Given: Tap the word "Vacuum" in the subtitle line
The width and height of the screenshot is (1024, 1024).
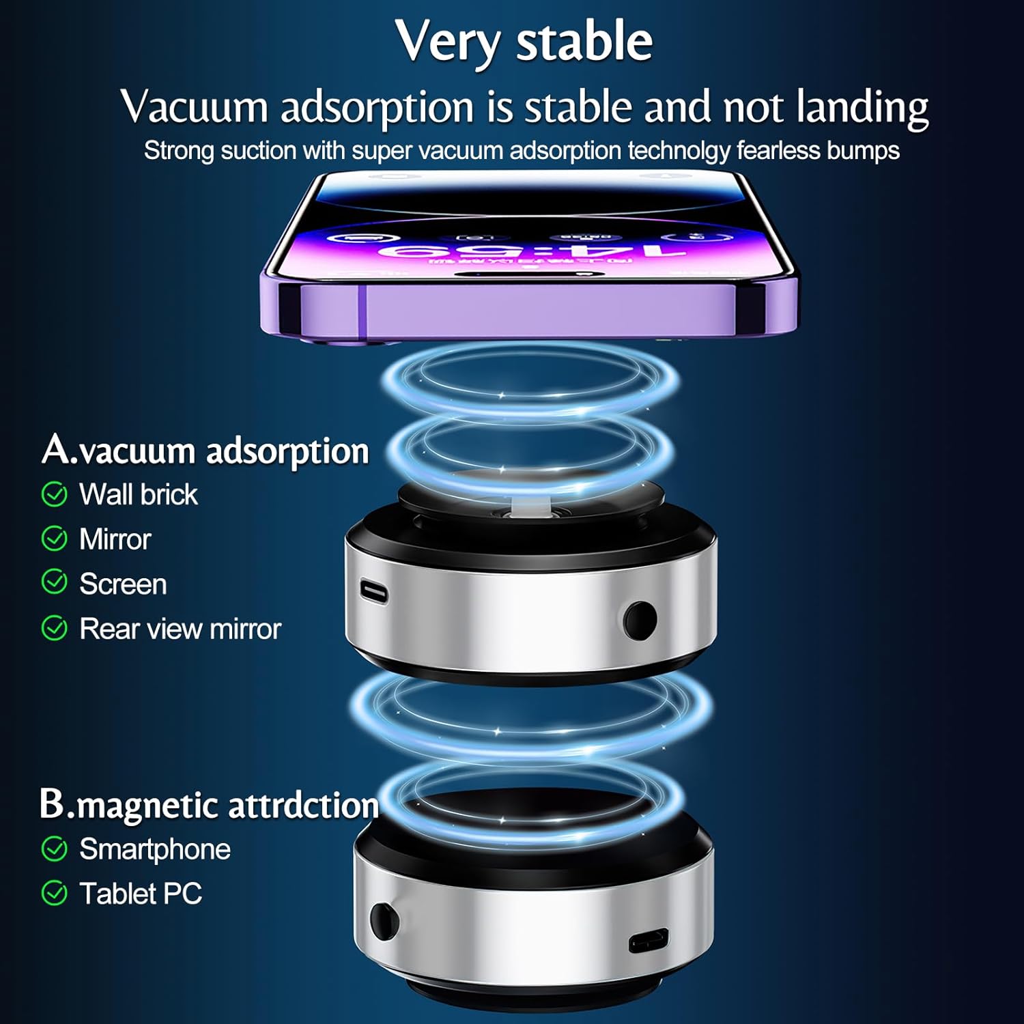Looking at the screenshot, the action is point(194,108).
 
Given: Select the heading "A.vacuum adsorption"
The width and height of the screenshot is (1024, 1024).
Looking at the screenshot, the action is point(205,451).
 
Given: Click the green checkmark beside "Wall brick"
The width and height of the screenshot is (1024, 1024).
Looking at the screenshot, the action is point(55,494).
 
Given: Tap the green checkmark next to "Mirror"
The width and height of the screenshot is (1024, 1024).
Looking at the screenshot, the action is point(55,539).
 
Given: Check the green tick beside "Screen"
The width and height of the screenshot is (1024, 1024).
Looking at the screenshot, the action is point(55,583).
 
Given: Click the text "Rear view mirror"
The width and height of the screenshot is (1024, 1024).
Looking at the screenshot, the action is point(180,629).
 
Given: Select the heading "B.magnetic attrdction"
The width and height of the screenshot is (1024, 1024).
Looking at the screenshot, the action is point(209,805).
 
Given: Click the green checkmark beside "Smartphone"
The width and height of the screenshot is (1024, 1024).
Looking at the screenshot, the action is point(55,849).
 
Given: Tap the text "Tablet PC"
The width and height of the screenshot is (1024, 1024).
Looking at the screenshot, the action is point(141,894).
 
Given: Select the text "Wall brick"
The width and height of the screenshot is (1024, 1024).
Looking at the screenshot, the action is point(139,494).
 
